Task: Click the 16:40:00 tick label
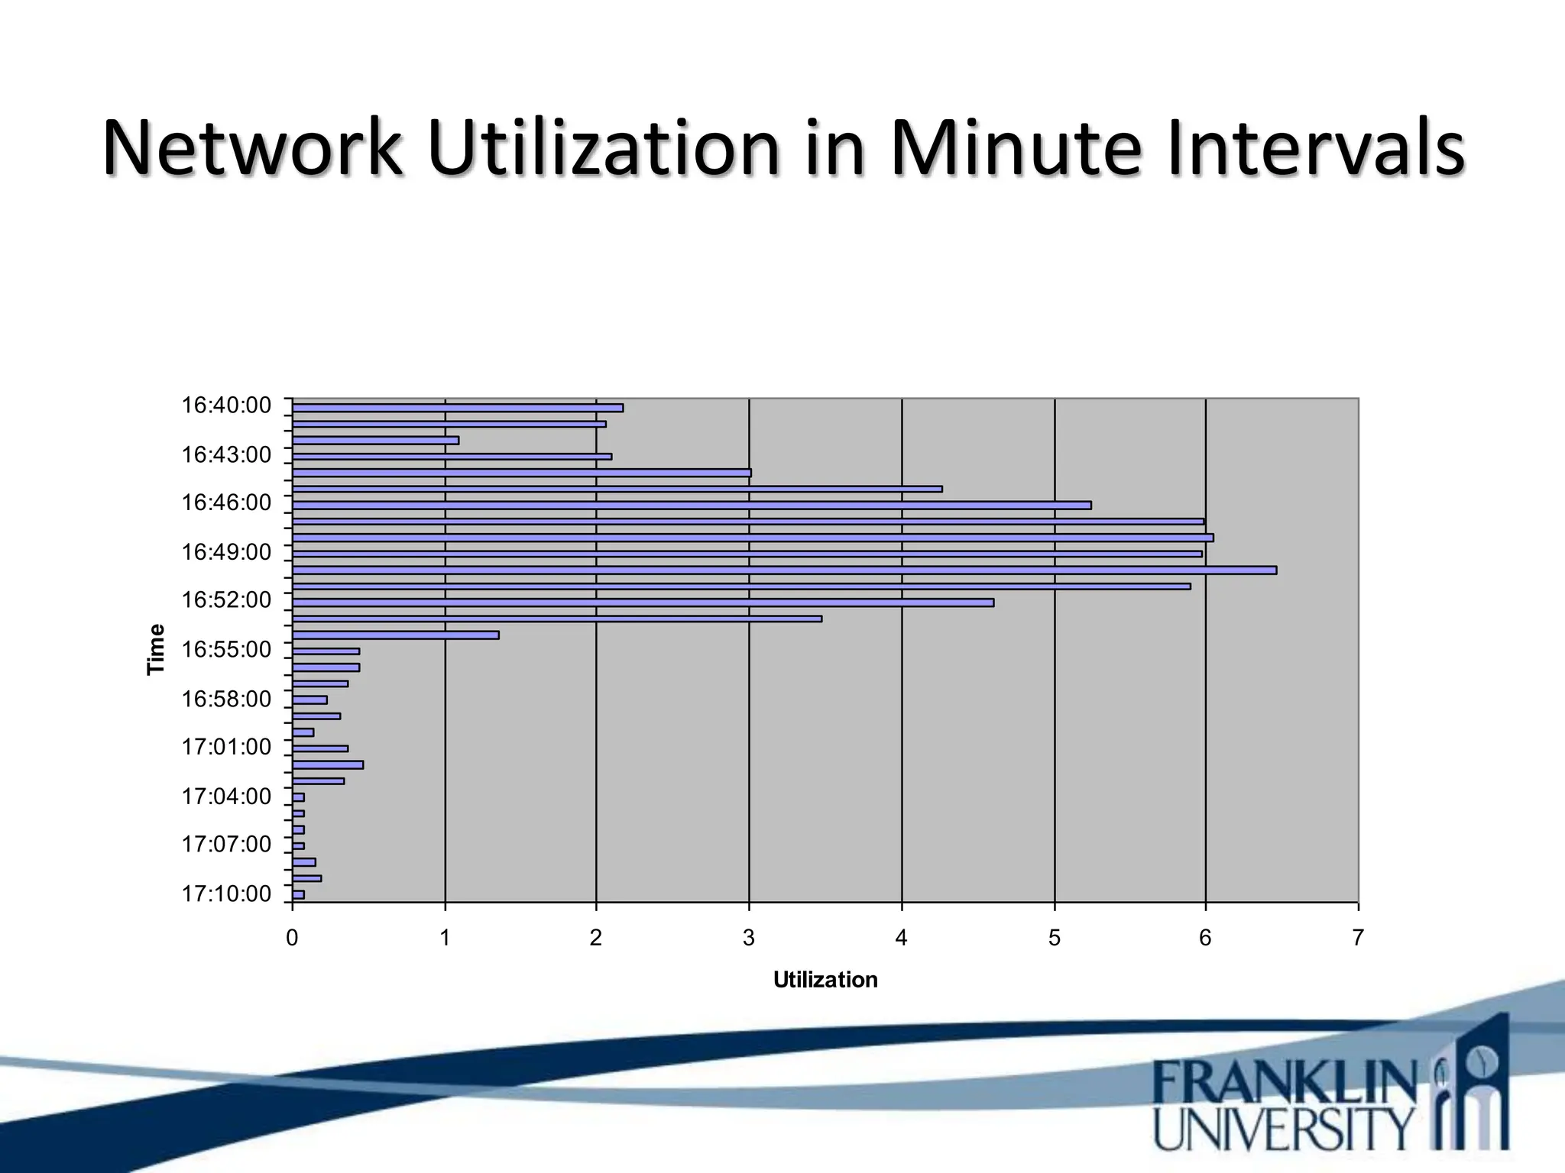click(226, 406)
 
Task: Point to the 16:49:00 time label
click(226, 552)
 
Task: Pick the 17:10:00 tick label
click(226, 893)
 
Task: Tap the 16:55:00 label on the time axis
click(226, 650)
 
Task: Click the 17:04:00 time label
click(226, 797)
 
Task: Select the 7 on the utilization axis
click(1358, 938)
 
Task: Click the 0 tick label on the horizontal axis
click(292, 938)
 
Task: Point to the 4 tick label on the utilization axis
click(902, 938)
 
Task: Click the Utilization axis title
click(825, 980)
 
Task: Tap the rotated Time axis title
click(156, 649)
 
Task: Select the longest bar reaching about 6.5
click(784, 570)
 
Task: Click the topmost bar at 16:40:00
click(458, 408)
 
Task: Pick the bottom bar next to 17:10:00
click(299, 894)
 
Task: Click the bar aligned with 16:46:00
click(692, 505)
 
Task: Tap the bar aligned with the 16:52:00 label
click(643, 603)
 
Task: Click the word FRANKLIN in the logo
click(1284, 1082)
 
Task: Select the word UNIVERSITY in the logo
click(1284, 1129)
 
